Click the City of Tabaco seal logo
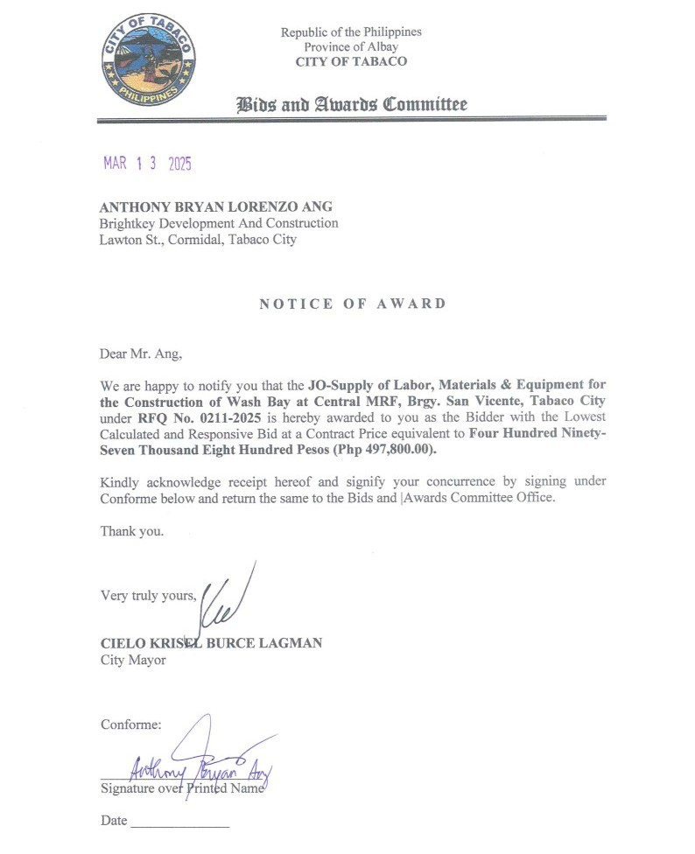coord(147,60)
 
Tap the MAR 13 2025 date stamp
coord(147,164)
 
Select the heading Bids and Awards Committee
coord(352,105)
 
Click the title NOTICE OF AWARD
coord(353,304)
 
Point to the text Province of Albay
coord(351,46)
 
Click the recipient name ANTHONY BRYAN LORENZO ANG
coord(216,207)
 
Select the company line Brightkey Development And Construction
coord(219,223)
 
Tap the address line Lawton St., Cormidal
coord(198,239)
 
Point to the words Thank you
coord(131,530)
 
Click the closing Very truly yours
coord(148,596)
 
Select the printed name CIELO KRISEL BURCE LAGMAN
coord(211,643)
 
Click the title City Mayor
coord(133,660)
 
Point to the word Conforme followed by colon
coord(131,724)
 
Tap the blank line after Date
coord(179,823)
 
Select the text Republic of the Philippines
coord(351,31)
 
